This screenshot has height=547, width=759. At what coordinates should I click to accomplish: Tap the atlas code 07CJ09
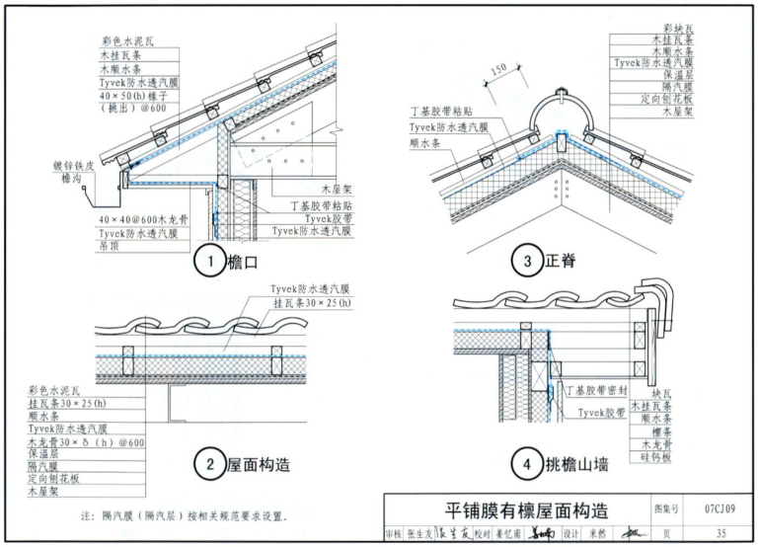pos(719,510)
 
